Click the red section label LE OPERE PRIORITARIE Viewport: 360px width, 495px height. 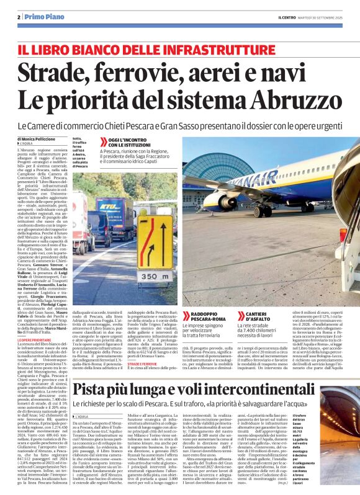point(34,341)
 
